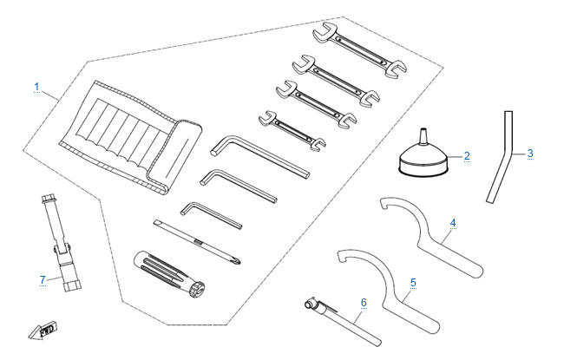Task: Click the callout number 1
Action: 36,87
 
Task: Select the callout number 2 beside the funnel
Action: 467,156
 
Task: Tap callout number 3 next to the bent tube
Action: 530,154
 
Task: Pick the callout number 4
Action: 453,223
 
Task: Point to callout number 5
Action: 413,283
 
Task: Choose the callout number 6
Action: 364,303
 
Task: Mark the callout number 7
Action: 43,279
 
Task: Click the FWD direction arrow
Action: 43,331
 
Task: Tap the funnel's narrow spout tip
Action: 423,128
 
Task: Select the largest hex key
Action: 259,156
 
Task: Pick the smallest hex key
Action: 211,215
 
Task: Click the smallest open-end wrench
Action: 292,130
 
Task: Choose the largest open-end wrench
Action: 360,50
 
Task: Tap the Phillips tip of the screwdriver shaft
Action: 238,261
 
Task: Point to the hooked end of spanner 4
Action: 385,202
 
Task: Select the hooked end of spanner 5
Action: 342,256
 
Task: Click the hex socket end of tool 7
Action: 72,286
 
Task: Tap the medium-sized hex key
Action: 239,186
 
